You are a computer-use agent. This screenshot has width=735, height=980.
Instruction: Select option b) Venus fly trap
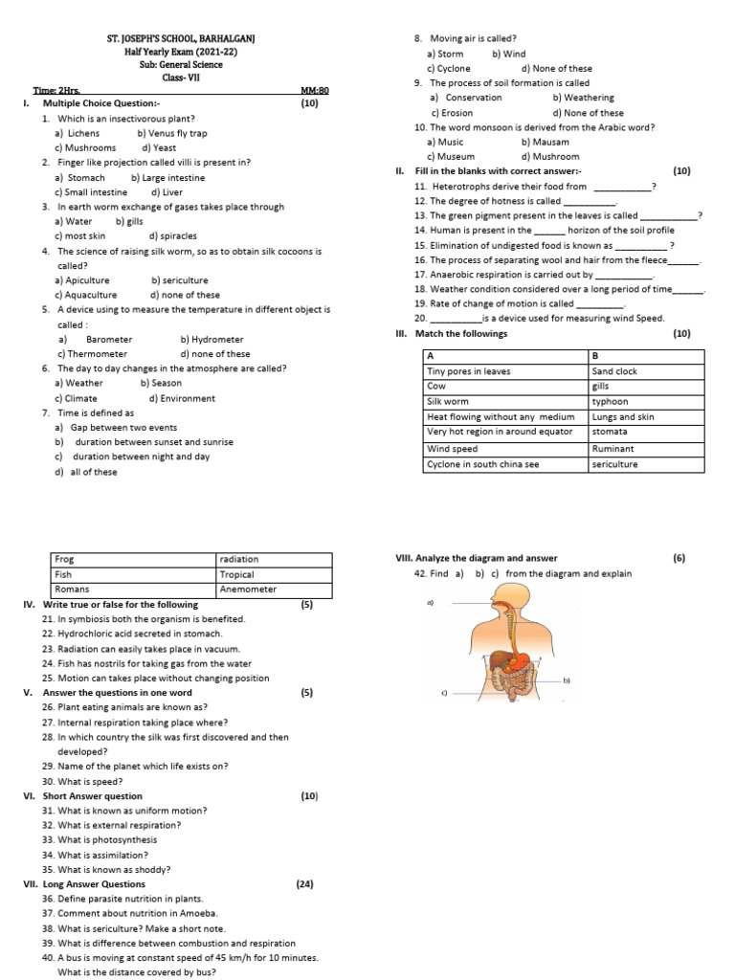click(171, 133)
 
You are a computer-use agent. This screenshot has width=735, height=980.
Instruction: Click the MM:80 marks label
click(314, 90)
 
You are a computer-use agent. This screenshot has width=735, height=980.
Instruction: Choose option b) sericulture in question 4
click(179, 280)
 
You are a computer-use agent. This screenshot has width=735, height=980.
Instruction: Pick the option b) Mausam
click(545, 142)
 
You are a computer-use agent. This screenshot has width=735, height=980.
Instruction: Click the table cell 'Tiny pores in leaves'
click(469, 371)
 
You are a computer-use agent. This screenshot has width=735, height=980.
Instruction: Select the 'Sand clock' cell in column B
click(614, 371)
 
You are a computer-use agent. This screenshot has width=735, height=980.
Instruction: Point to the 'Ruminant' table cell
click(612, 448)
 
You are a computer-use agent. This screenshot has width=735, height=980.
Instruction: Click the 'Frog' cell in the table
click(65, 559)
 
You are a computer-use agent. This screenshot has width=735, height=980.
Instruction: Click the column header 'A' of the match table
click(430, 356)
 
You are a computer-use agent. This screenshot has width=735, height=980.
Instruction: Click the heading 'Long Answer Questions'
click(94, 884)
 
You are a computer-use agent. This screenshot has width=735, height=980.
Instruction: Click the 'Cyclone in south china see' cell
click(482, 464)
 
